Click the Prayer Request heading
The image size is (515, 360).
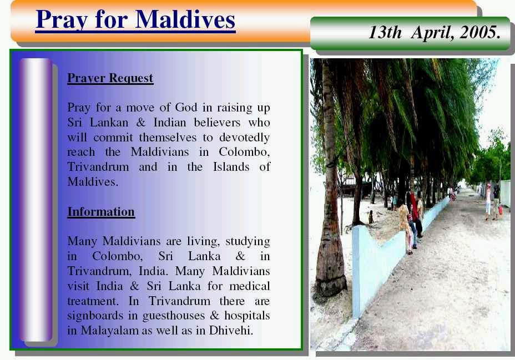110,78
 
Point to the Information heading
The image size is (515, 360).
101,212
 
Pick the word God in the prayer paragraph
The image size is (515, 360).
186,107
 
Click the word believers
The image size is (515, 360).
217,123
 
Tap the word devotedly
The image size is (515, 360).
244,138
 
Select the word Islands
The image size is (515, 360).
231,167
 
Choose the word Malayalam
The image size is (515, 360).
110,330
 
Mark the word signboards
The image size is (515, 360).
95,316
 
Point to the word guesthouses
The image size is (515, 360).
173,316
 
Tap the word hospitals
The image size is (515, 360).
247,316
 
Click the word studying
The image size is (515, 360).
248,241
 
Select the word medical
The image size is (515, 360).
250,286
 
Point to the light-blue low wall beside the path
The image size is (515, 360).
387,253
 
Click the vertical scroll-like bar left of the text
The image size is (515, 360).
36,200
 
